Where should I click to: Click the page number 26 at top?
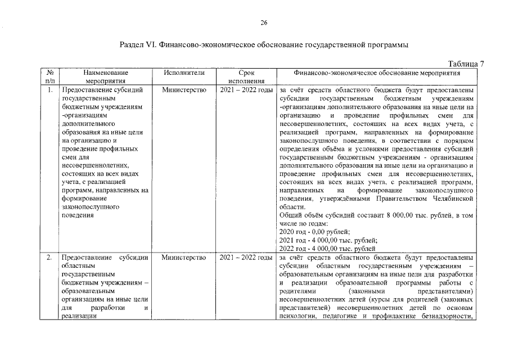(x=264, y=22)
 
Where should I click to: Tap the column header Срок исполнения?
(x=246, y=76)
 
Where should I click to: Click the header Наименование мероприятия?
(x=105, y=76)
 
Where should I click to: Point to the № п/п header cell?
(x=50, y=76)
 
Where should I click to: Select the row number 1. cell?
(x=50, y=89)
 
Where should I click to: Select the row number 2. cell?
(x=50, y=258)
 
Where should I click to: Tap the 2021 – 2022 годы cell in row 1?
(x=246, y=89)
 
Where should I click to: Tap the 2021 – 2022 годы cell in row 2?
(x=246, y=258)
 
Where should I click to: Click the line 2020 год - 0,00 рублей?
(x=314, y=232)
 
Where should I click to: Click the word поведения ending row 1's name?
(x=78, y=215)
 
